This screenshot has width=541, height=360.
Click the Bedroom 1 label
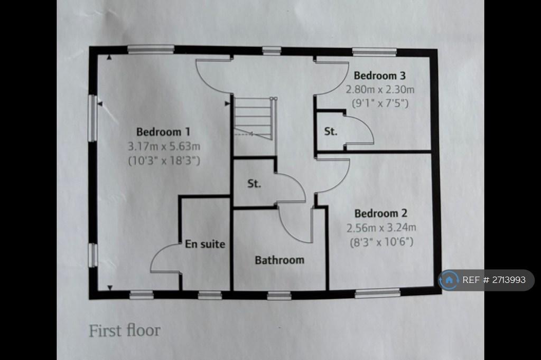[163, 132]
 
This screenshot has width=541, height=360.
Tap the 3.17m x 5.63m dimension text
[164, 146]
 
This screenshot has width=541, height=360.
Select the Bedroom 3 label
[379, 75]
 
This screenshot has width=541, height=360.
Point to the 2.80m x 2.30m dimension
[380, 90]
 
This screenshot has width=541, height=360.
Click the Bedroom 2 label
[381, 213]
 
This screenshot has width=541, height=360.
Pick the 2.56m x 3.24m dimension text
[381, 228]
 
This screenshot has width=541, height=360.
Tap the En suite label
[205, 244]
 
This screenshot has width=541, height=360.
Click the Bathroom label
[279, 260]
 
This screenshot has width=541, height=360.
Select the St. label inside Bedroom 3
[331, 131]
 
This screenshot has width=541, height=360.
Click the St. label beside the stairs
[254, 184]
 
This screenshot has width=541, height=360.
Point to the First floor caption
[125, 330]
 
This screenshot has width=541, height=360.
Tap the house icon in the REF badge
[449, 280]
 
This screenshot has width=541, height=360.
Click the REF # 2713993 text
[494, 280]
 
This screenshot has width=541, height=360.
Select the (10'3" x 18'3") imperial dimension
[164, 160]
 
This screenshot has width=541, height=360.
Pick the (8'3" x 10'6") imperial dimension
[381, 242]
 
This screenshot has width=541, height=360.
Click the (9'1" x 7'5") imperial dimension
[380, 103]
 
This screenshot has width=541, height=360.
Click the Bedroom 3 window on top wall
[375, 52]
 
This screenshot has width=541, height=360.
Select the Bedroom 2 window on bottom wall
[378, 293]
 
